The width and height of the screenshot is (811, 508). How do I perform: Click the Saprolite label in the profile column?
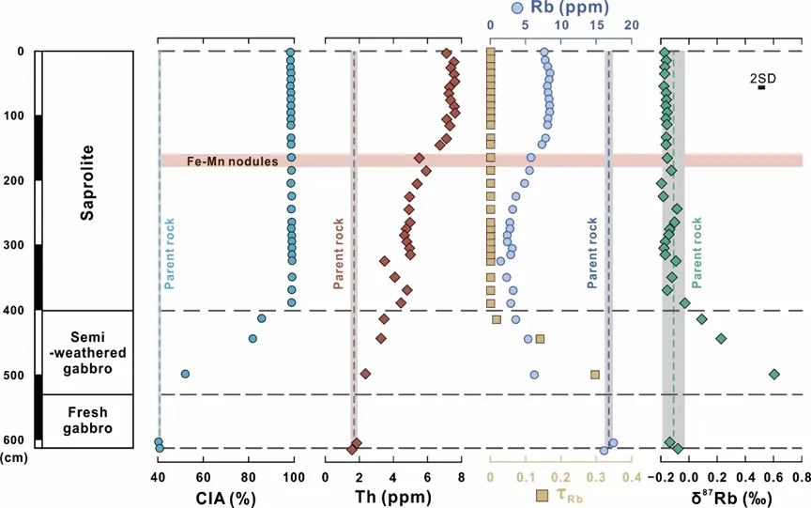[86, 181]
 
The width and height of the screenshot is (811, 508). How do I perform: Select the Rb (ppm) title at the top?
[552, 8]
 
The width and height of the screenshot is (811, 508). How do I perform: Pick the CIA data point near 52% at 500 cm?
[185, 374]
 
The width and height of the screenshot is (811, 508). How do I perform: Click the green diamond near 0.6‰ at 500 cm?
[774, 374]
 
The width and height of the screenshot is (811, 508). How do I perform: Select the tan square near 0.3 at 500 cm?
[595, 374]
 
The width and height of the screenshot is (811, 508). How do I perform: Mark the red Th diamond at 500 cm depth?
[365, 374]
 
